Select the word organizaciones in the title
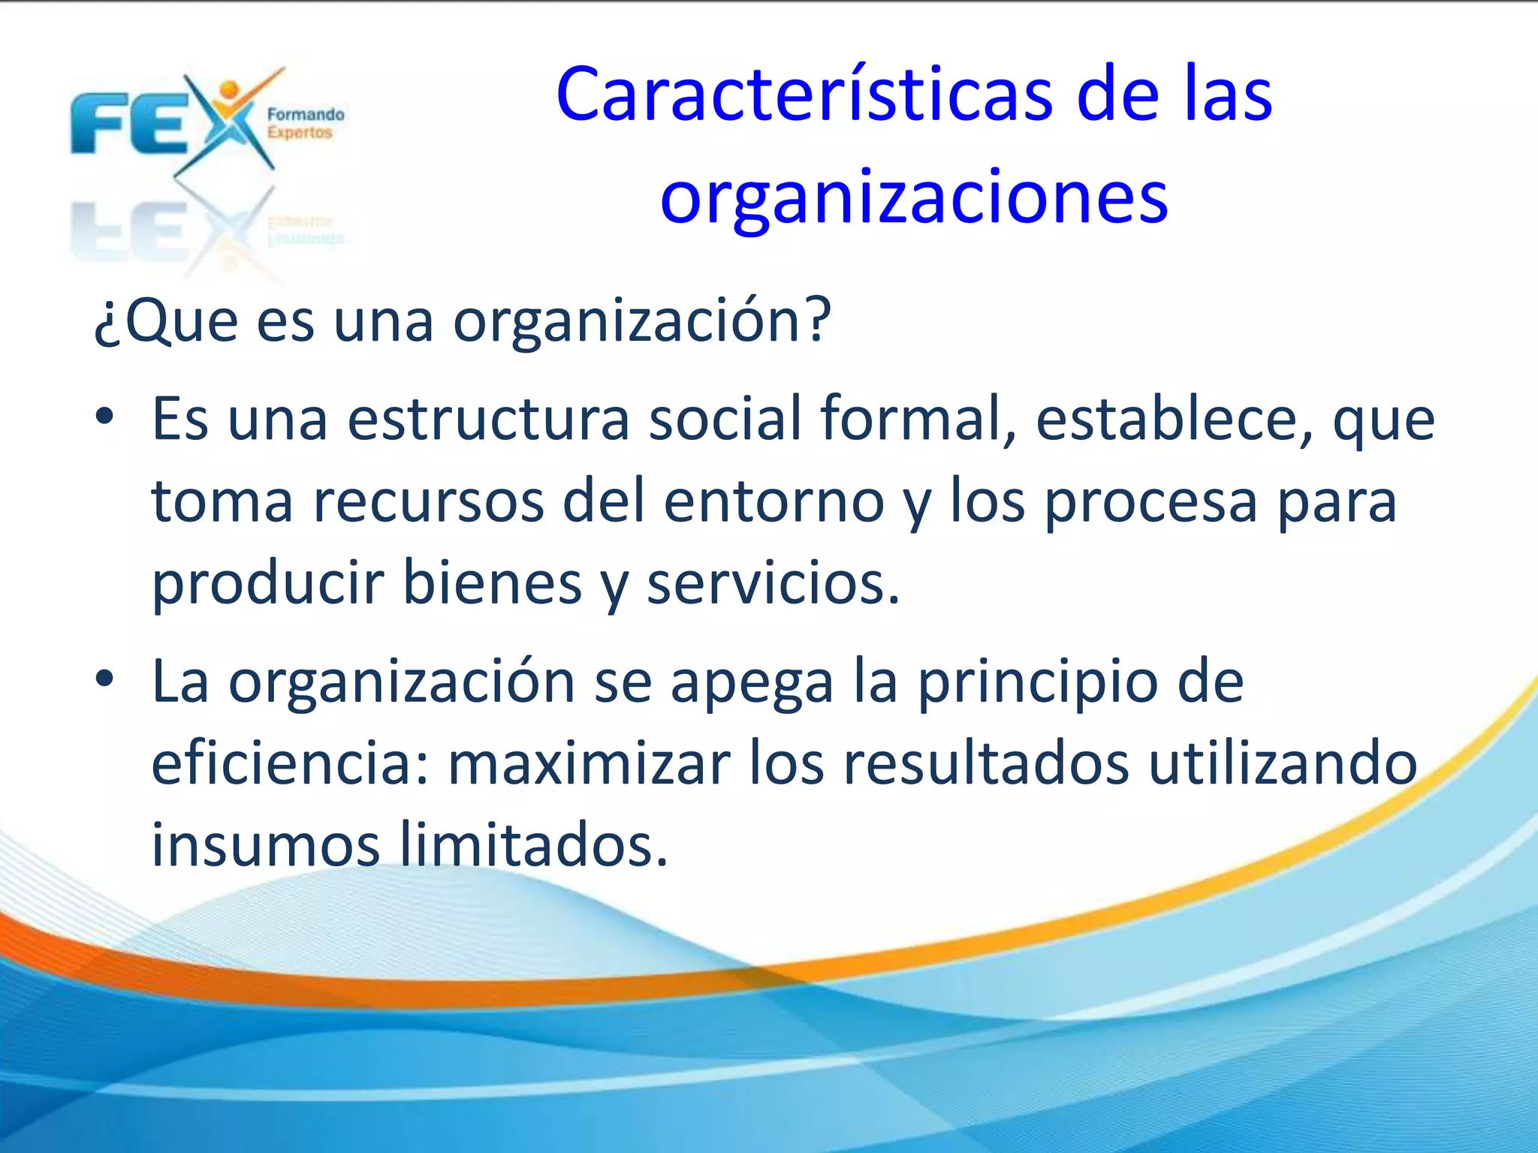(913, 197)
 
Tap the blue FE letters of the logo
(128, 124)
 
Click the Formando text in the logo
(306, 114)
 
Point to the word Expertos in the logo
(299, 133)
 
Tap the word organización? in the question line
(642, 321)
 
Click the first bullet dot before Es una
(104, 416)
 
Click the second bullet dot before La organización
(104, 679)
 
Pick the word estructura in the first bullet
(488, 419)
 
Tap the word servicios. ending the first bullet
(773, 584)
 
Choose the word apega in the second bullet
(752, 683)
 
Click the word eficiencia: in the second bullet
(290, 764)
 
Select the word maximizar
(589, 764)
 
